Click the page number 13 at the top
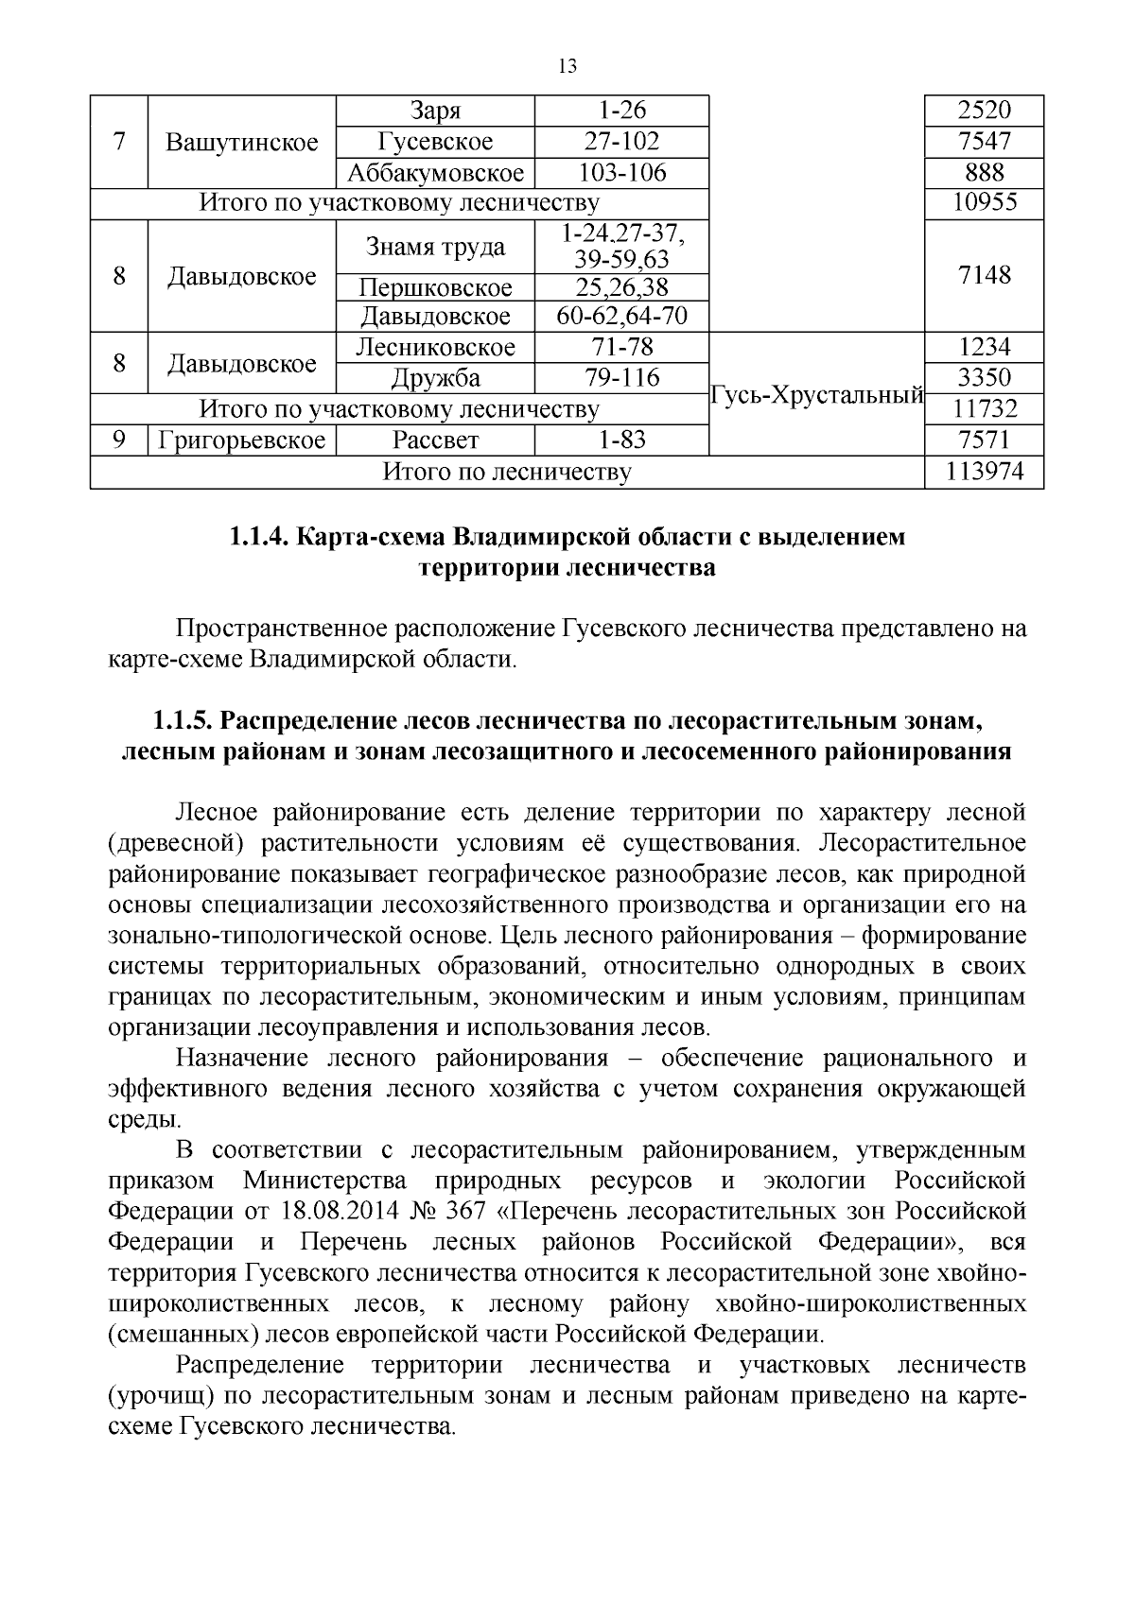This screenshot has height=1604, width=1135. coord(567,66)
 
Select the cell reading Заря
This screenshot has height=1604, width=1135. coord(435,111)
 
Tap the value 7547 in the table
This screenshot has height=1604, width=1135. coord(984,142)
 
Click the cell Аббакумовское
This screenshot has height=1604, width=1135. coord(435,173)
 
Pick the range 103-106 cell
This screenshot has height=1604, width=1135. coord(621,173)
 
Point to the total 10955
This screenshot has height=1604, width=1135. coord(984,203)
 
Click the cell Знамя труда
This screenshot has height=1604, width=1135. coord(435,247)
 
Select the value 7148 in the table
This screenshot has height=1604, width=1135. coord(984,275)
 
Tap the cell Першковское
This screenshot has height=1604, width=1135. coord(435,287)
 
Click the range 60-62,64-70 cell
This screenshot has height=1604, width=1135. coord(621,316)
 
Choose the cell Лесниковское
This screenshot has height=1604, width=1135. coord(435,347)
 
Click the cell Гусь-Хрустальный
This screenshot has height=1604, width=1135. coord(816,395)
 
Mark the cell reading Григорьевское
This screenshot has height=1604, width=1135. coord(242,440)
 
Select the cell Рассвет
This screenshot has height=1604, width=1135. coord(435,440)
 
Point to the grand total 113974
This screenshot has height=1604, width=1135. coord(984,472)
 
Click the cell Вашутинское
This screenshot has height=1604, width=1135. coord(242,143)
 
